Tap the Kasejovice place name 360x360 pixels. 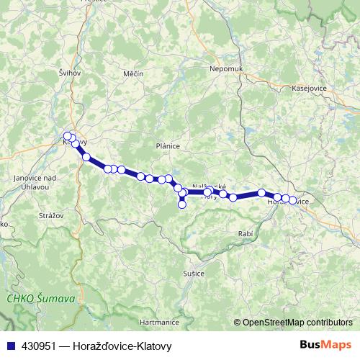(310, 88)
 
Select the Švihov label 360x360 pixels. (70, 73)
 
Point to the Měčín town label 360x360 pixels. (133, 73)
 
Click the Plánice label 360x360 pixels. (167, 145)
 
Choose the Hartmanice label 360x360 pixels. (158, 322)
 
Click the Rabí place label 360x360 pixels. (246, 235)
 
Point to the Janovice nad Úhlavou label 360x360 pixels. (33, 182)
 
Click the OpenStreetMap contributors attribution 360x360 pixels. (297, 323)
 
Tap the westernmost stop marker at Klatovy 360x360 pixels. (68, 136)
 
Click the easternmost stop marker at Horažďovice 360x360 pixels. (293, 200)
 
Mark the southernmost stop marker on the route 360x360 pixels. (182, 204)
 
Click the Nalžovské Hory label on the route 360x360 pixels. (210, 190)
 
